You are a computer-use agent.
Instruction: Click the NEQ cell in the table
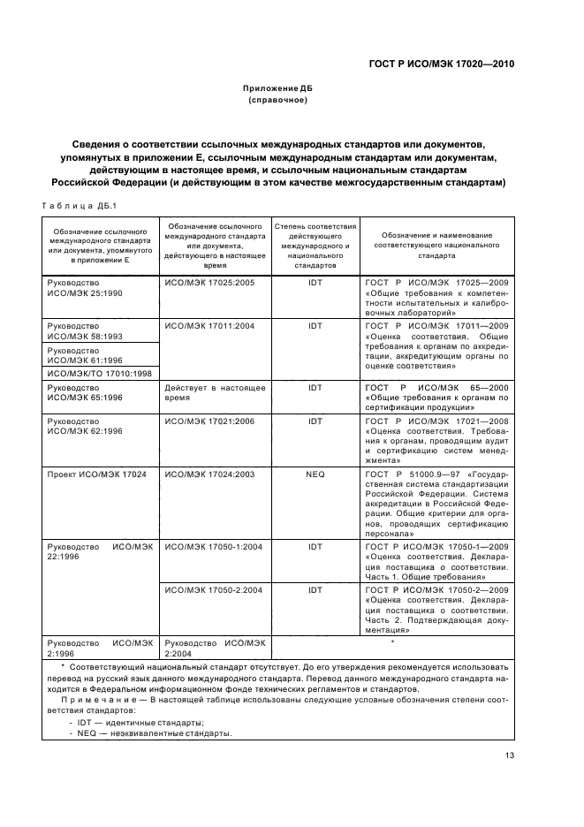[x=315, y=474]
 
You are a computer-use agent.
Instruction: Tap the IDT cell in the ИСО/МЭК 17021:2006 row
[x=315, y=421]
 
